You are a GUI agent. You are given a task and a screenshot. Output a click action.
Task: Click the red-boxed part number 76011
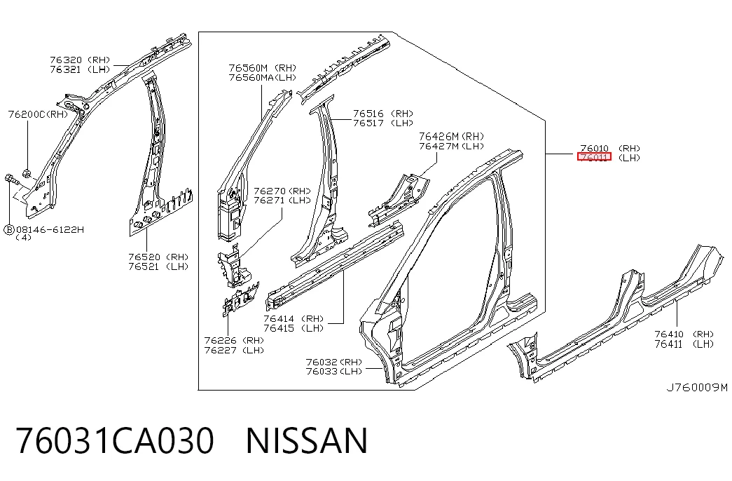[594, 157]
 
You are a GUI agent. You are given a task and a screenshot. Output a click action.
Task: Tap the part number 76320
[66, 60]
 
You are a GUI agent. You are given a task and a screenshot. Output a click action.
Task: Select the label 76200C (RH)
[38, 114]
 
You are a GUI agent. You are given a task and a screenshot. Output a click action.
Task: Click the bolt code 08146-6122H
[50, 229]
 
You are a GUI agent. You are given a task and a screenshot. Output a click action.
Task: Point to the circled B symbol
[9, 230]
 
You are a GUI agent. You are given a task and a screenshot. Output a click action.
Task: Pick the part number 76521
[144, 266]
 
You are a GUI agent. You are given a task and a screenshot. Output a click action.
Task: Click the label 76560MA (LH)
[263, 78]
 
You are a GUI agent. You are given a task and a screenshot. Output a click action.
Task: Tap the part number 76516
[368, 114]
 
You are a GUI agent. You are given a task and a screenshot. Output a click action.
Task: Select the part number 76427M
[438, 146]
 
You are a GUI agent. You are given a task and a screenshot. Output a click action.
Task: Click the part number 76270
[270, 191]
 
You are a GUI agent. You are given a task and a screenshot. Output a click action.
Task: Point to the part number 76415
[279, 328]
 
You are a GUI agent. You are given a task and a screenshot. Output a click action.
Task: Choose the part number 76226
[220, 341]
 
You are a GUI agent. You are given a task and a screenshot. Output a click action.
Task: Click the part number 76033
[322, 371]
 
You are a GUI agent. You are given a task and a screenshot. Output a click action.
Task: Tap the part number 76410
[669, 334]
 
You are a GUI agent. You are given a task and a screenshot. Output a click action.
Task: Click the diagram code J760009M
[696, 387]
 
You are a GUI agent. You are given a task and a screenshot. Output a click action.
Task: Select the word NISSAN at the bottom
[307, 440]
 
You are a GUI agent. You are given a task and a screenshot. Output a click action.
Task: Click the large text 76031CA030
[115, 440]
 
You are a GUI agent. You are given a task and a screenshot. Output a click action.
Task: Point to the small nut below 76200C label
[27, 174]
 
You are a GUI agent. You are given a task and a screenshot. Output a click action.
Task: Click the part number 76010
[594, 148]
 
